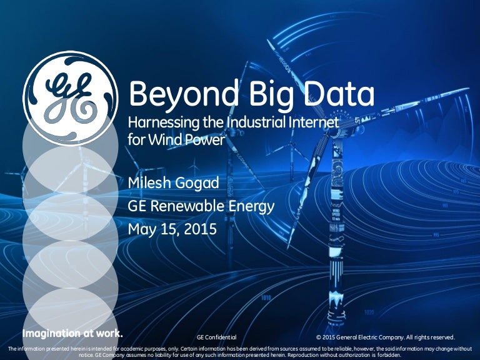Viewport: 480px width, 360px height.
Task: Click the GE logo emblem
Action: pyautogui.click(x=70, y=98)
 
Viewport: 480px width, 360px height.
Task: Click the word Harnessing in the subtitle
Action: pyautogui.click(x=164, y=123)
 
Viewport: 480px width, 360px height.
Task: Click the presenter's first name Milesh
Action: pyautogui.click(x=149, y=182)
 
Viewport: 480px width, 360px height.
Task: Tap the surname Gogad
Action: pyautogui.click(x=197, y=183)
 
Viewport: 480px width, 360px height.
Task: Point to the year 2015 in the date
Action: pyautogui.click(x=200, y=229)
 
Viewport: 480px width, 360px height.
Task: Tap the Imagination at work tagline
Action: pyautogui.click(x=72, y=333)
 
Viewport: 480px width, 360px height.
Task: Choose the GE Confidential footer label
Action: pyautogui.click(x=217, y=337)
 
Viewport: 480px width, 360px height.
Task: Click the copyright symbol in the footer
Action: pyautogui.click(x=319, y=337)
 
